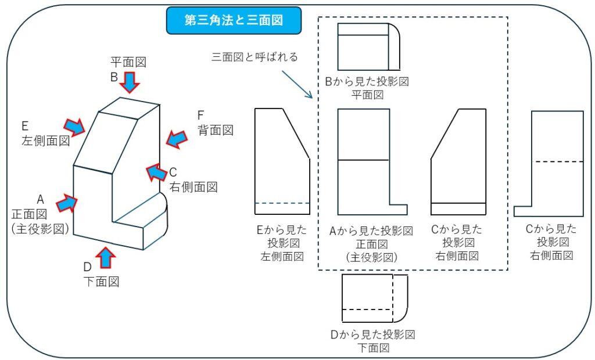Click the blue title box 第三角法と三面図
pos(234,20)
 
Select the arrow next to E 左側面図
pos(74,126)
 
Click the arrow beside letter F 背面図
pos(177,138)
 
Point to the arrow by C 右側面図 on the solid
pos(156,172)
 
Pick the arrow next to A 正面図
pos(66,203)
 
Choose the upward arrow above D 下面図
pos(105,257)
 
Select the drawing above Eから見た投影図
pos(282,161)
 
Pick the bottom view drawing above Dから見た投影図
pos(374,298)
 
